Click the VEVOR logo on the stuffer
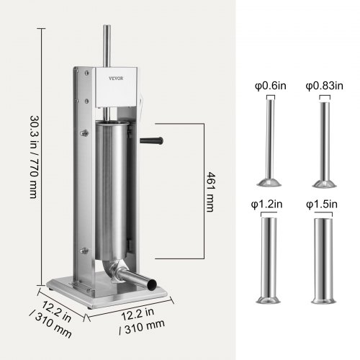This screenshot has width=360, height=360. point(116,78)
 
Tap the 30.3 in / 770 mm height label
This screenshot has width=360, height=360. point(34,157)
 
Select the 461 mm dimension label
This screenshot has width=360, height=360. point(210,192)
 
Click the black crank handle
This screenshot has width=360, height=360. point(151,140)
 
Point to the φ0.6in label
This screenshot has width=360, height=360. point(271,86)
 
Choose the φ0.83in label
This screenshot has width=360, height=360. point(324,86)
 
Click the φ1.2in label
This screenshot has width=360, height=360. point(266,204)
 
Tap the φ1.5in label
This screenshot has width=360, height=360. point(322,204)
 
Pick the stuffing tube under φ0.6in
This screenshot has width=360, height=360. point(269,143)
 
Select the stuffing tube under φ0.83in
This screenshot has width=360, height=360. point(325,145)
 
